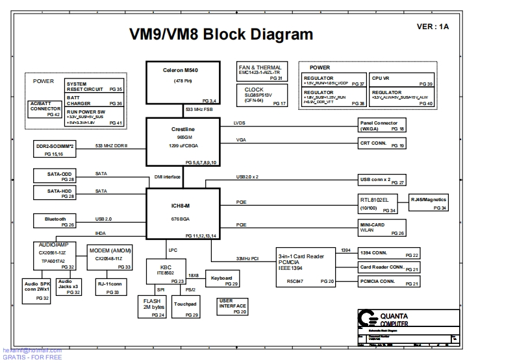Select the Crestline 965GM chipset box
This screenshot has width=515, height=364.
pos(182,142)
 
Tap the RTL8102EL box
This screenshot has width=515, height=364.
pos(378,204)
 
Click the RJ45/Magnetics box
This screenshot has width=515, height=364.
pos(429,202)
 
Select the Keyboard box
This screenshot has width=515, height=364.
pos(223,280)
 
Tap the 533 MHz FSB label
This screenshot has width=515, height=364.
pos(199,110)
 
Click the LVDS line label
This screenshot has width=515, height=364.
pos(239,123)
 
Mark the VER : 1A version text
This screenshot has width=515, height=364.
pos(433,27)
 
